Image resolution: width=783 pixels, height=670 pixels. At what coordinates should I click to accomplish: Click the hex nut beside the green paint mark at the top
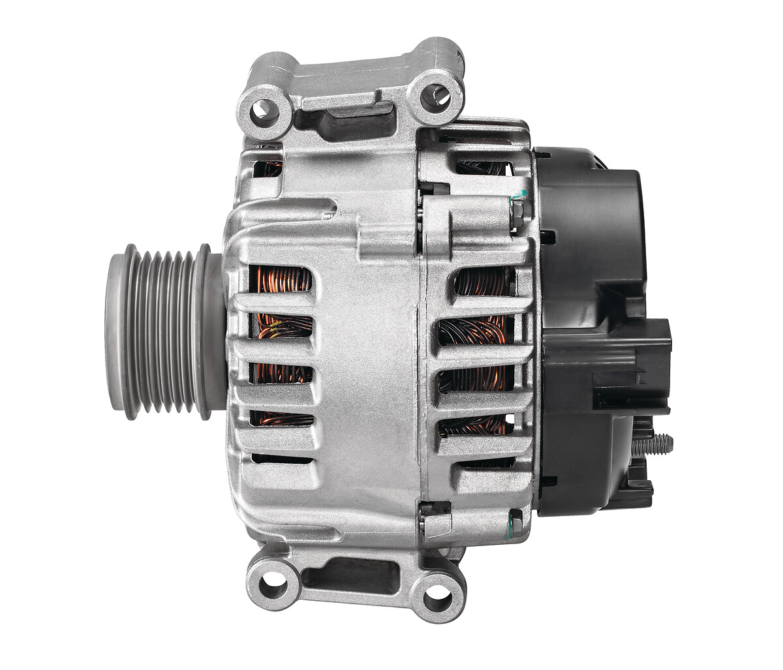tap(517, 214)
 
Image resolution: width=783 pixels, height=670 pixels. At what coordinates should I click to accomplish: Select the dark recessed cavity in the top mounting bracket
tap(345, 119)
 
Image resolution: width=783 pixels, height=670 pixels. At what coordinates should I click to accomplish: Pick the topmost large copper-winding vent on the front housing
tap(281, 280)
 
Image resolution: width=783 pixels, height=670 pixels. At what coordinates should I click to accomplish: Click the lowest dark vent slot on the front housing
tap(281, 459)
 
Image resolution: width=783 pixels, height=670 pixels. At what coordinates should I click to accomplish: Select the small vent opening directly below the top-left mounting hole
tap(268, 168)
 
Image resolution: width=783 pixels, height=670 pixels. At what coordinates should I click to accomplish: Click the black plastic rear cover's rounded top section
tap(591, 196)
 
